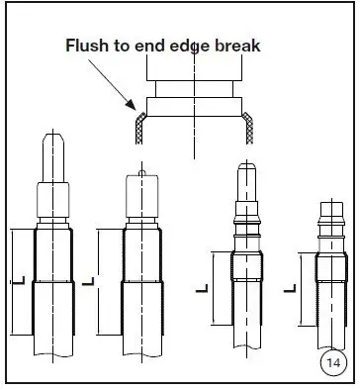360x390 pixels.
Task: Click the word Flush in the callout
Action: point(87,45)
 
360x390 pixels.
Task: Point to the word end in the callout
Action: point(151,45)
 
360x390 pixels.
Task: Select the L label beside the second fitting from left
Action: point(89,282)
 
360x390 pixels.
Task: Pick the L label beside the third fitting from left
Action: point(201,288)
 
